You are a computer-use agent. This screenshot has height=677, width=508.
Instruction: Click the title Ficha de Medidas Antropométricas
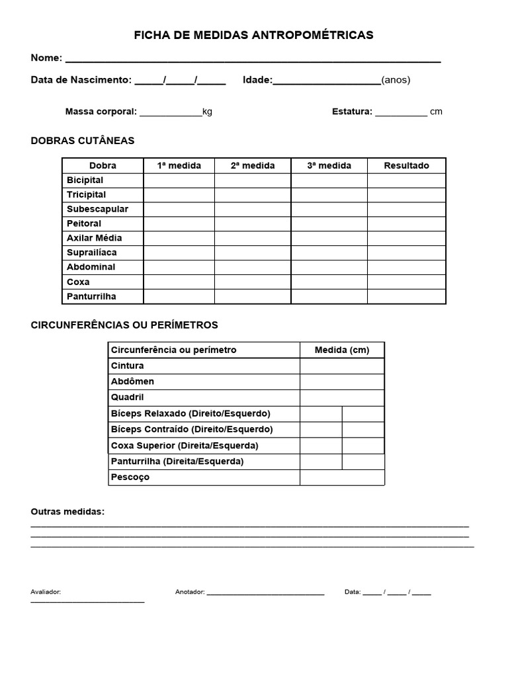253,35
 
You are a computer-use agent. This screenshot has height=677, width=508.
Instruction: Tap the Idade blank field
327,81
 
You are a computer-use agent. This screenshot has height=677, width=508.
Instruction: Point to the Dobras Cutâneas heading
83,140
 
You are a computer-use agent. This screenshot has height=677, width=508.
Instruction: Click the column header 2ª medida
252,165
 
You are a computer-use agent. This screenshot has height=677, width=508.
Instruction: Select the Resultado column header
406,165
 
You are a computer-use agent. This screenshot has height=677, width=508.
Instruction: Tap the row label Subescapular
97,209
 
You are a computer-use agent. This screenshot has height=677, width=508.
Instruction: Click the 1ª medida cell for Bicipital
179,180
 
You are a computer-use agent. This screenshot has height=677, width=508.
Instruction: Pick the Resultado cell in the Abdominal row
406,267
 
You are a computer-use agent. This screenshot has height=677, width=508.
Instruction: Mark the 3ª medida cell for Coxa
329,282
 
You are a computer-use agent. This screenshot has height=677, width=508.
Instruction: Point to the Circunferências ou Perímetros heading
124,325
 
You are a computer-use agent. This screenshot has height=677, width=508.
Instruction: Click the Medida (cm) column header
341,350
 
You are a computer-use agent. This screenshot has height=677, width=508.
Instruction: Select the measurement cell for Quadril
341,397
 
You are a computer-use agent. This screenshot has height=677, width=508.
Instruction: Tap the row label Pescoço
130,477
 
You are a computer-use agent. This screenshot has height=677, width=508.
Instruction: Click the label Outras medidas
67,512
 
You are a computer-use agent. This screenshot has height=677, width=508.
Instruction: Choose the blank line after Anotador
265,593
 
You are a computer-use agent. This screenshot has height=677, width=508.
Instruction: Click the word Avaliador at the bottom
46,592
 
